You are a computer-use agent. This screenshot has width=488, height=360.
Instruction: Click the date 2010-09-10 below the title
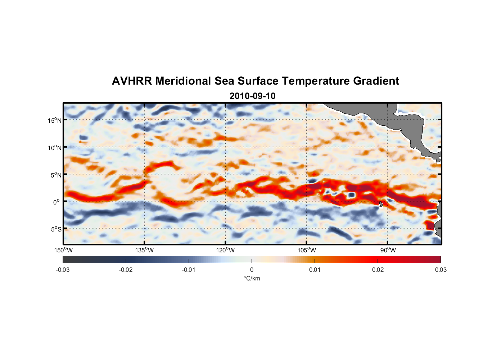pyautogui.click(x=252, y=96)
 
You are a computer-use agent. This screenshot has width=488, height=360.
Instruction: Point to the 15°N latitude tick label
pyautogui.click(x=55, y=120)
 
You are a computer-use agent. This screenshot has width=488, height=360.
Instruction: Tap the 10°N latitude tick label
pyautogui.click(x=55, y=148)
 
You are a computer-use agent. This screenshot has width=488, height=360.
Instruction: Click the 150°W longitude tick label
pyautogui.click(x=64, y=250)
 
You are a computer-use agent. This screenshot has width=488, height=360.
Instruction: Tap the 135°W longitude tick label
pyautogui.click(x=145, y=250)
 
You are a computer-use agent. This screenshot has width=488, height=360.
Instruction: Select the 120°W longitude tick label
pyautogui.click(x=226, y=250)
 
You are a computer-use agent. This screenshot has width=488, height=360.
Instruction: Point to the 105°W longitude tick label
pyautogui.click(x=307, y=250)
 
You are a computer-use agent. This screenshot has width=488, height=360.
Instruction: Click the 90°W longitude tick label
pyautogui.click(x=388, y=250)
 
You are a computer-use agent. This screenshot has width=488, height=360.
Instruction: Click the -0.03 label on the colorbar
pyautogui.click(x=63, y=270)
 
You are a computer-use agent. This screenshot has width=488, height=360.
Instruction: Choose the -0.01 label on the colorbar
pyautogui.click(x=189, y=270)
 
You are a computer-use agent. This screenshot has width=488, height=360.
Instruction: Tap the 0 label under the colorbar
pyautogui.click(x=252, y=270)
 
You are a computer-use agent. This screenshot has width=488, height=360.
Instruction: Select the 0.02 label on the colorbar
pyautogui.click(x=378, y=270)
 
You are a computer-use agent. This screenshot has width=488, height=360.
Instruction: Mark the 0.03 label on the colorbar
pyautogui.click(x=440, y=270)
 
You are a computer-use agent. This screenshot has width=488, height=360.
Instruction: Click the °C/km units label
pyautogui.click(x=252, y=278)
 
